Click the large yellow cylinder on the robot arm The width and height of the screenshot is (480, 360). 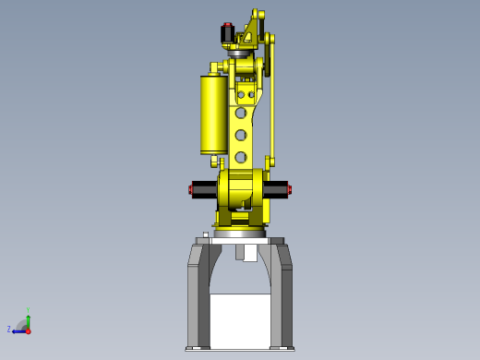213,114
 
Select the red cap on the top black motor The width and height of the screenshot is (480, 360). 228,25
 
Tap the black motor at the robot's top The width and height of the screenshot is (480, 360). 227,35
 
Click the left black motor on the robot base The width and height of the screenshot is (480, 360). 204,189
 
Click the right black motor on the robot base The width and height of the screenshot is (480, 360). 275,189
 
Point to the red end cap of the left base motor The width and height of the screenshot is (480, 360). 190,190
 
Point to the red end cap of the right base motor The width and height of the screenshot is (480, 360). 289,190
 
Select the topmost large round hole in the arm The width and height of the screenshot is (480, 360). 241,113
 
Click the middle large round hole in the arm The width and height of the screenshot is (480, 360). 241,136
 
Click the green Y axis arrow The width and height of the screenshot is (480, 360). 28,320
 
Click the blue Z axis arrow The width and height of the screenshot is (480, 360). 18,330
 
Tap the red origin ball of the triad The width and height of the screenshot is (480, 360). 28,330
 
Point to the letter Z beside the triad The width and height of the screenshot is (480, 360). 9,329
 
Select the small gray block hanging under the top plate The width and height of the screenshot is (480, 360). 246,252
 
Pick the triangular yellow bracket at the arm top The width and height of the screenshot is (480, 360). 251,28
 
